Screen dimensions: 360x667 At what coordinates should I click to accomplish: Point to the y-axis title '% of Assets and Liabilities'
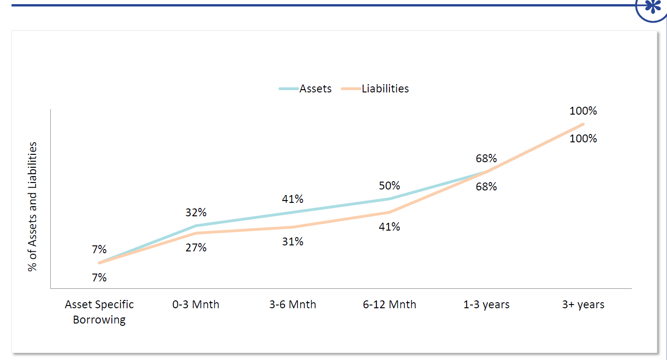32,206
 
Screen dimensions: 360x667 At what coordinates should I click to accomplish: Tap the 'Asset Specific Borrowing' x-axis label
99,312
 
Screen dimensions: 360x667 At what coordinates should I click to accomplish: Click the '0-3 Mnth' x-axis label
196,305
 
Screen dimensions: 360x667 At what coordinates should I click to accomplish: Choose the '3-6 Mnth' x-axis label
293,305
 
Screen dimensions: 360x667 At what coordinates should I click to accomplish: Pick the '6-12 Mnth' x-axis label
389,305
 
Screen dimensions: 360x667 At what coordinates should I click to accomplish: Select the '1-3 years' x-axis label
486,305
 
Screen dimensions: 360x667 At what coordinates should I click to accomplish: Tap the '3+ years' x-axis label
583,305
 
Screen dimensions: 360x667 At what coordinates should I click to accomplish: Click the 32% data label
196,213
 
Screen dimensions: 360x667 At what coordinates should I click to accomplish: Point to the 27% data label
196,248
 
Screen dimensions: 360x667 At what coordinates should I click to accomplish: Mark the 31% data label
293,242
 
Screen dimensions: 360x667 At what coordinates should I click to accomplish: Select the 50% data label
389,186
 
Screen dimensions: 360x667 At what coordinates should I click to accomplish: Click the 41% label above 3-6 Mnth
293,199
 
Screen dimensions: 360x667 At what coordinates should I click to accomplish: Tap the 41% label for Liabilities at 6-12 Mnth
389,227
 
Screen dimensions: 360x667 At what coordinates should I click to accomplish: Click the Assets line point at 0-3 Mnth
196,226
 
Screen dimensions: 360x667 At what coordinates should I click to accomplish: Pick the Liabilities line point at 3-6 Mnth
293,227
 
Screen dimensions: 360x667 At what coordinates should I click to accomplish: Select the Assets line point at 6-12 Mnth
389,199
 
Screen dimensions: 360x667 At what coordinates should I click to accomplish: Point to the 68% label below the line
486,187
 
